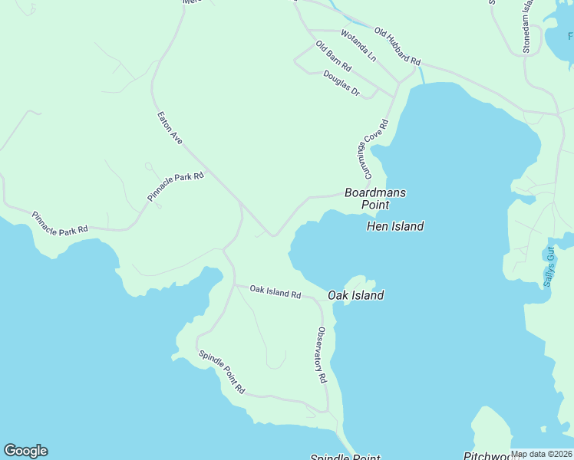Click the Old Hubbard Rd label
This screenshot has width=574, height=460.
(398, 46)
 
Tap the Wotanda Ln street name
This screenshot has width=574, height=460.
(358, 45)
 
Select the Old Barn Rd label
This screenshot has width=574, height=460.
(333, 55)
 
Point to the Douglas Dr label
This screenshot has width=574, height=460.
(341, 82)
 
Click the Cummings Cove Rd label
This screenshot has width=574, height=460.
(371, 145)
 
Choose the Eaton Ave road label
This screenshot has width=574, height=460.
(170, 128)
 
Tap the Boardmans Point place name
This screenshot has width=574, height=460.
(375, 199)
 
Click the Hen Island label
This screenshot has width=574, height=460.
(395, 226)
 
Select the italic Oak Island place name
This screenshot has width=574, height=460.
(356, 295)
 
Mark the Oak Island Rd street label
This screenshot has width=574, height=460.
(275, 291)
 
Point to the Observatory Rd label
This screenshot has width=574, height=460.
(322, 356)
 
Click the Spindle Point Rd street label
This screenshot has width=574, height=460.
(221, 372)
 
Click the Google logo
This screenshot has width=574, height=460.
(25, 451)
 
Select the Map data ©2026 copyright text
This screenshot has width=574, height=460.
(541, 454)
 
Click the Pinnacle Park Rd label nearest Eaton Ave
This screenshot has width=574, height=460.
(176, 186)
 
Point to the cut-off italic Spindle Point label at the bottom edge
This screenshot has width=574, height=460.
(345, 457)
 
